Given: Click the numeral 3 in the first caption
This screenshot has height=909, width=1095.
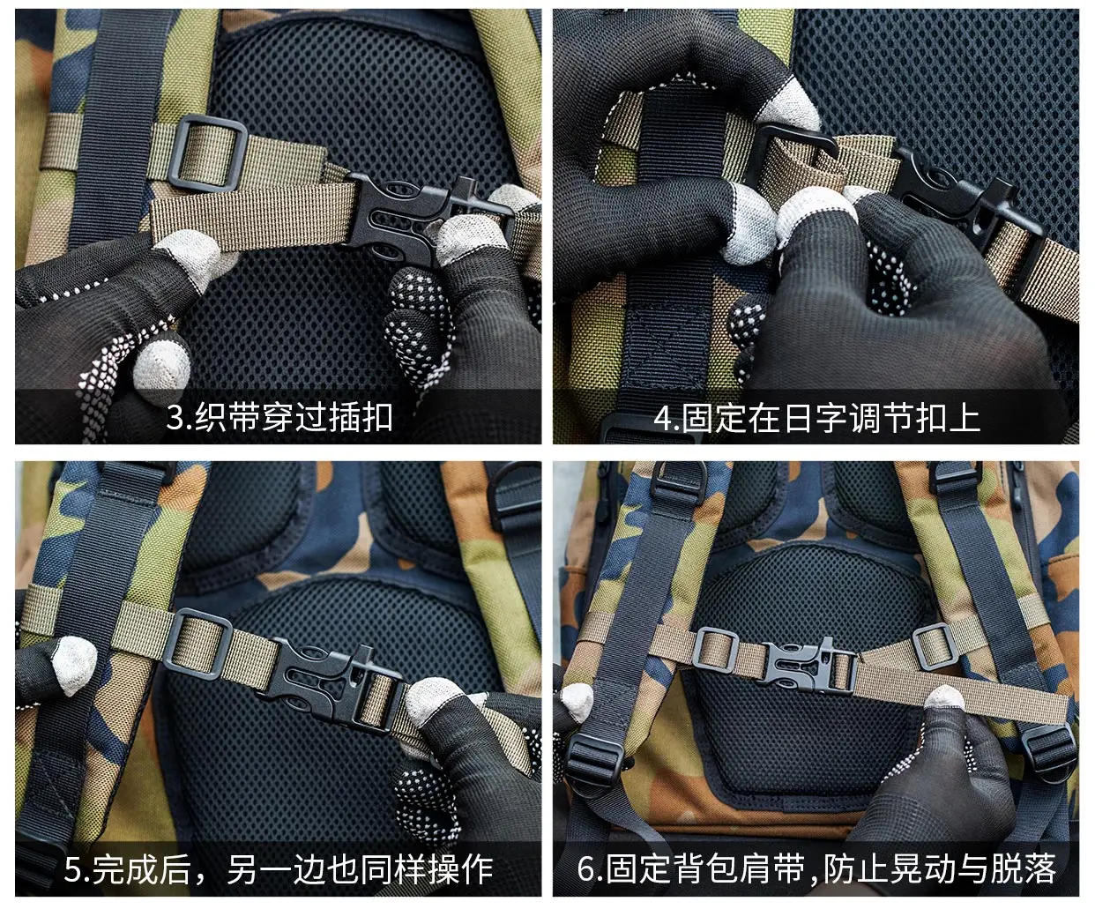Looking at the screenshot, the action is [175, 418].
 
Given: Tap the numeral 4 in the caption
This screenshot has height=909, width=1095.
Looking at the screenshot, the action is [662, 419].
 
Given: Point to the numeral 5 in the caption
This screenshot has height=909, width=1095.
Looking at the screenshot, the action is [73, 869].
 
